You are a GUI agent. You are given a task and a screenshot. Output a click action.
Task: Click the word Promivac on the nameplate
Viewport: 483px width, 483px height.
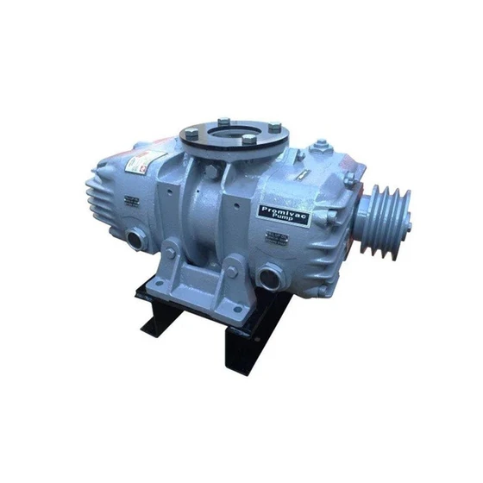[x=281, y=208]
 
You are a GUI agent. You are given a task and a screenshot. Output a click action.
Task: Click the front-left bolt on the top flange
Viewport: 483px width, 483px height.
[x=204, y=146]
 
